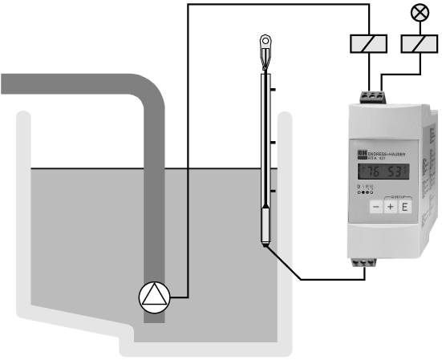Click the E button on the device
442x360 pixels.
click(x=405, y=207)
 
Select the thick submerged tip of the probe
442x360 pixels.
click(x=267, y=224)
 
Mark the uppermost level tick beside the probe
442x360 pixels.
click(x=274, y=91)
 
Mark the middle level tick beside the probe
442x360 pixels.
click(x=274, y=142)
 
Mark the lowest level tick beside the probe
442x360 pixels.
click(x=274, y=191)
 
